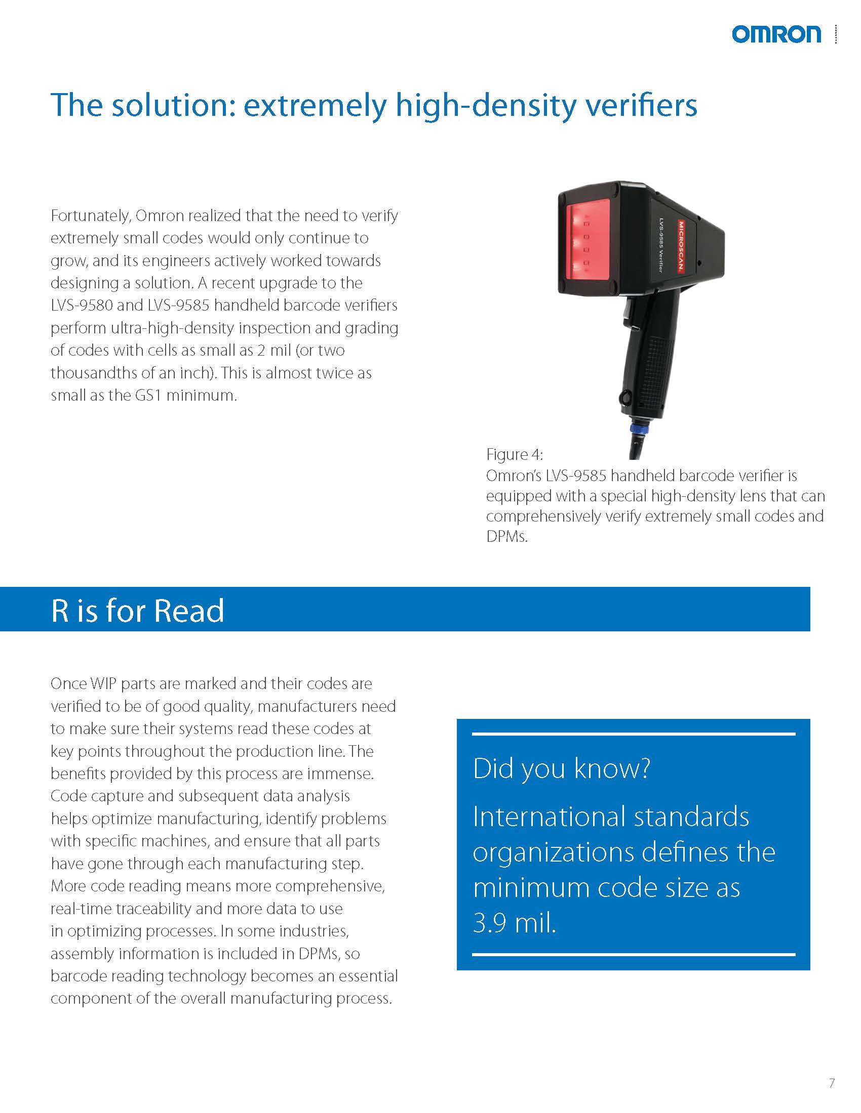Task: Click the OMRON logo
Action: tap(776, 34)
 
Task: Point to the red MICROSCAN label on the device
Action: tap(680, 246)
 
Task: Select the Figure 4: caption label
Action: tap(514, 454)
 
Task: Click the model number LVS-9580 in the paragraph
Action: tap(81, 305)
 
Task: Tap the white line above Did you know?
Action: tap(633, 735)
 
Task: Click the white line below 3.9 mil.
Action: tap(633, 954)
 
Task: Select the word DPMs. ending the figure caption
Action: tap(506, 537)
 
